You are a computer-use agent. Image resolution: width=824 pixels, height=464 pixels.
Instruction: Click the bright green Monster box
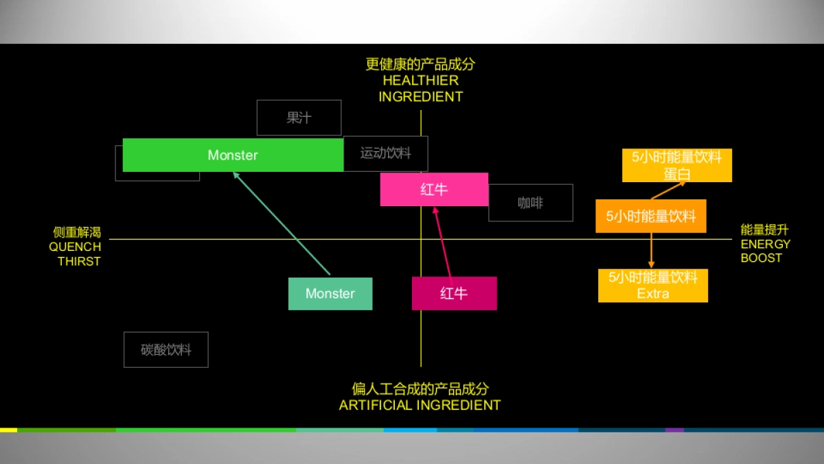coord(233,155)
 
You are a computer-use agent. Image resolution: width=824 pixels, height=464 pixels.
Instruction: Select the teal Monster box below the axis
coord(330,294)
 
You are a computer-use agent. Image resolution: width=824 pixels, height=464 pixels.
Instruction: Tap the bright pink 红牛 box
coord(434,190)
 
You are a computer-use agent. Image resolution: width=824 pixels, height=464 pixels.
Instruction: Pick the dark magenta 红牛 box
coord(454,294)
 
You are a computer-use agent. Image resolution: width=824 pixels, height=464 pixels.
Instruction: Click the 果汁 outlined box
coord(299,118)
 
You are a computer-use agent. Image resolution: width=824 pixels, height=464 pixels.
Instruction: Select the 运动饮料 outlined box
coord(386,153)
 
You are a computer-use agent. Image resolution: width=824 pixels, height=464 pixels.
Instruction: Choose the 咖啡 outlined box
coord(530,203)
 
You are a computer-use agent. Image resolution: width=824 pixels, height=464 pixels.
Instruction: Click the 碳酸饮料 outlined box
coord(165,350)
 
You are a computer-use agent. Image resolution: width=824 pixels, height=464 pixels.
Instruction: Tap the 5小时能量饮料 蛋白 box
coord(676,166)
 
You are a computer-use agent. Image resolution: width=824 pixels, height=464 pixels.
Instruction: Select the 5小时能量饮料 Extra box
coord(652,285)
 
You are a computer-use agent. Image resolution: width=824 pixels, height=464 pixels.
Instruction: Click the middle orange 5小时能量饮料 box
coord(650,217)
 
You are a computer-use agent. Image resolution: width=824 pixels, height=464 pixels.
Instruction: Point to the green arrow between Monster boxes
coord(282,223)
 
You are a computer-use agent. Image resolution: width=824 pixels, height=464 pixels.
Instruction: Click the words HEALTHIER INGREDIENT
coord(420,89)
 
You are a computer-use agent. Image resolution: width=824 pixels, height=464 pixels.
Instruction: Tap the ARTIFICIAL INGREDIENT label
coord(420,405)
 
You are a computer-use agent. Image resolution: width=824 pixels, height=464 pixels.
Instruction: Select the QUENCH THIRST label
coord(76,254)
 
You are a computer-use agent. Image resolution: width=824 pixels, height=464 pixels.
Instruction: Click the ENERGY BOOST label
coord(765,251)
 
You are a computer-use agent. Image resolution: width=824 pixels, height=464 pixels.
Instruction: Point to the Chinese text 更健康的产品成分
coord(420,65)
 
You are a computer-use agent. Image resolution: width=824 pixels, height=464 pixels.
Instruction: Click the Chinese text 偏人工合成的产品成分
coord(420,389)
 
